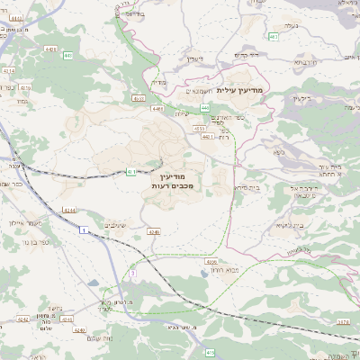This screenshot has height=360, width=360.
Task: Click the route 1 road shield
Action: click(x=84, y=231)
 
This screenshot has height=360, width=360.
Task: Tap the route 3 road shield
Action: click(x=132, y=272)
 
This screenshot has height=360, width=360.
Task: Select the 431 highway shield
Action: click(x=130, y=170)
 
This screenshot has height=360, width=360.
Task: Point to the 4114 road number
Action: click(x=10, y=69)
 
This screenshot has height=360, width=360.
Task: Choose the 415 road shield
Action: click(x=209, y=352)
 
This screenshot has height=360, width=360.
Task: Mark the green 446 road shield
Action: click(x=68, y=56)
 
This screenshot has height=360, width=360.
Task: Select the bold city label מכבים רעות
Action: click(x=170, y=184)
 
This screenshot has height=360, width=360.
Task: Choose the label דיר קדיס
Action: click(x=247, y=55)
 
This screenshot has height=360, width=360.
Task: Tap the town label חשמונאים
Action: click(x=190, y=90)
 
